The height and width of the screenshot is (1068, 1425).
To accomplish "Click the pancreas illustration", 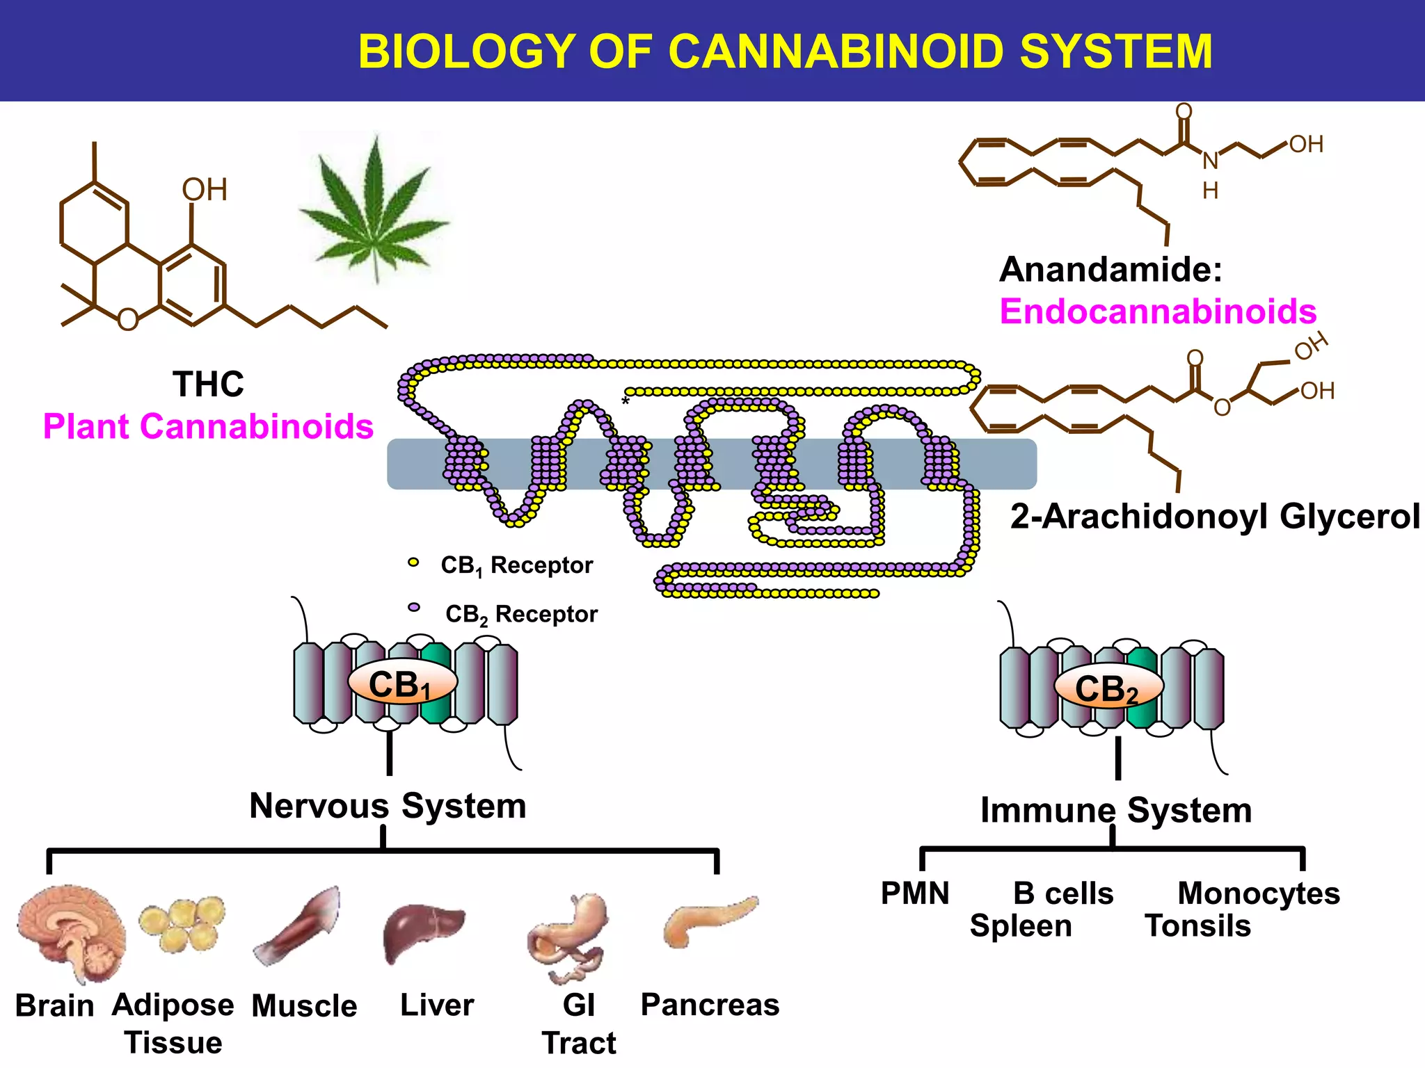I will pos(708,919).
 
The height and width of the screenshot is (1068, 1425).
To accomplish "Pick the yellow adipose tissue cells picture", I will pos(182,923).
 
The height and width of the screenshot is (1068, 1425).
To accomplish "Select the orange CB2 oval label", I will pos(1108,688).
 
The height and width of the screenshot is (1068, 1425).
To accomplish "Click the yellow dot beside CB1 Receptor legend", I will pos(413,563).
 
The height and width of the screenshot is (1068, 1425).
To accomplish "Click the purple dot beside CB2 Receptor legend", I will pos(414,608).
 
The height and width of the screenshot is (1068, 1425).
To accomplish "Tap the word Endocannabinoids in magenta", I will pos(1158,311).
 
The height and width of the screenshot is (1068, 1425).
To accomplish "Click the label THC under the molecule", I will pos(208,384).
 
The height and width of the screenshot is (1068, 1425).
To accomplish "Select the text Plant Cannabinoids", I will pos(208,426).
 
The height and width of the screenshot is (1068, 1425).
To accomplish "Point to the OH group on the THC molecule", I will pos(205,190).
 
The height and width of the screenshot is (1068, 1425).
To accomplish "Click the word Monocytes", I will pos(1258,893).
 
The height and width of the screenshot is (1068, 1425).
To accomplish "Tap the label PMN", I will pos(915,893).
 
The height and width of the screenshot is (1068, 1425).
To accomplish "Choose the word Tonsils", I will pos(1197,926).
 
